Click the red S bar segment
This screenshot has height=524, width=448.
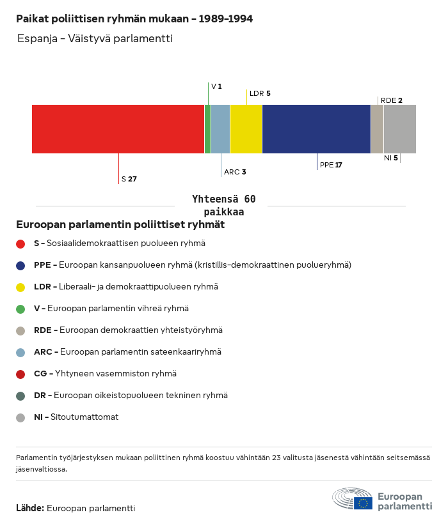(118, 129)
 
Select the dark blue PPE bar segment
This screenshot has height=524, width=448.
(316, 129)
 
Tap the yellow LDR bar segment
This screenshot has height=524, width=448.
(246, 129)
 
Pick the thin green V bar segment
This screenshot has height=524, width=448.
(207, 129)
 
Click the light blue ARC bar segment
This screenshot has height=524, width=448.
(220, 129)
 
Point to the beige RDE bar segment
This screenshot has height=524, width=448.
(377, 129)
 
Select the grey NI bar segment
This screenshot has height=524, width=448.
(400, 129)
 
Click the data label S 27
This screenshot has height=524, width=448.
(129, 180)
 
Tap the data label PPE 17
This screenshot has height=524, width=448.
(331, 165)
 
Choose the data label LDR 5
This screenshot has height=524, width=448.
(260, 93)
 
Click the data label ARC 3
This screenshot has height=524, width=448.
(235, 173)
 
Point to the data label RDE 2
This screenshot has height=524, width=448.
(391, 100)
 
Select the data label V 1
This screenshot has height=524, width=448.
(216, 86)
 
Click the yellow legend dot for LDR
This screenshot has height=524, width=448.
(20, 287)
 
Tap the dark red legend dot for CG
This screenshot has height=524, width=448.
(20, 374)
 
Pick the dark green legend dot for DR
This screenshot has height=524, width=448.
(20, 396)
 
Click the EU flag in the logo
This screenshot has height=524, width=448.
(363, 503)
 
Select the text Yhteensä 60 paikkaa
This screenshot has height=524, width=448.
(223, 206)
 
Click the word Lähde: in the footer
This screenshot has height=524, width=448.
(29, 508)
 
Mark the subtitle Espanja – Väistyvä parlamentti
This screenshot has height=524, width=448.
(95, 39)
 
